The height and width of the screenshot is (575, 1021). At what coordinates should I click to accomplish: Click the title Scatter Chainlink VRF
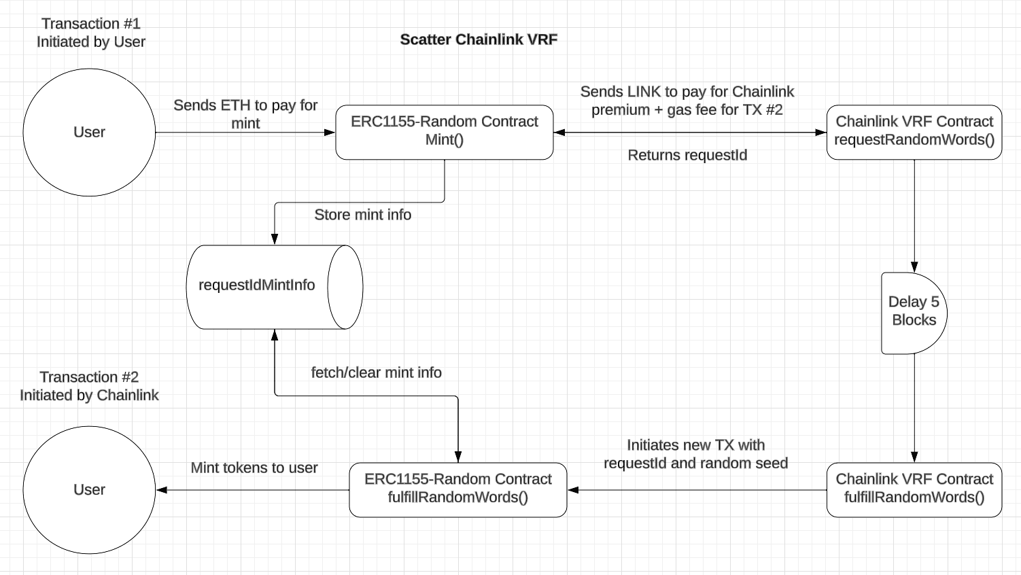tap(479, 39)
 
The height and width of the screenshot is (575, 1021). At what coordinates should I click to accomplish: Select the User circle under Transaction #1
tap(89, 133)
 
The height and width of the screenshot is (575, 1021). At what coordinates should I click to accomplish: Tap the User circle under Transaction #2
tap(89, 490)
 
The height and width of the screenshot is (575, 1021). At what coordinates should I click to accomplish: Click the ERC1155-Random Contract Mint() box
tap(444, 133)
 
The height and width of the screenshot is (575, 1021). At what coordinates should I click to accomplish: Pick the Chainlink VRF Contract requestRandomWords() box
tap(914, 133)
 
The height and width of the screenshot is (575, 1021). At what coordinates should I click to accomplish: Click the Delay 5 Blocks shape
tap(913, 313)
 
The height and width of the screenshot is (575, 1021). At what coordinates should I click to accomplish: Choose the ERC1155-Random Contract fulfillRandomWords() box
tap(457, 489)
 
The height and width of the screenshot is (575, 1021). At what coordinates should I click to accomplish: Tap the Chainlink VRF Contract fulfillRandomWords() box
tap(914, 489)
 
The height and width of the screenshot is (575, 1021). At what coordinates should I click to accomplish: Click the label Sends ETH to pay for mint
tap(245, 114)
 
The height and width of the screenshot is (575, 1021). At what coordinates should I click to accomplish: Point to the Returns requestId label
tap(687, 156)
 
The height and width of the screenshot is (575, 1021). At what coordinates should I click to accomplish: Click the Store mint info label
tap(362, 215)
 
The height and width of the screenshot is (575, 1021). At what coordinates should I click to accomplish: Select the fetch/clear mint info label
tap(376, 372)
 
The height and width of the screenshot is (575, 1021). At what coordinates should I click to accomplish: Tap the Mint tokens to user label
tap(254, 468)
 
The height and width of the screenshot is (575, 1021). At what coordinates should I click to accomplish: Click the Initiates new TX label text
tap(695, 454)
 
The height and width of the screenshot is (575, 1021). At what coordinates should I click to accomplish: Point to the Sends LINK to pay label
tap(687, 101)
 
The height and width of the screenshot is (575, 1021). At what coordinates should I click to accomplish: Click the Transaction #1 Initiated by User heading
tap(90, 33)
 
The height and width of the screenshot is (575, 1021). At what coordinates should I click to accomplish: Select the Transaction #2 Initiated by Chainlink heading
tap(89, 386)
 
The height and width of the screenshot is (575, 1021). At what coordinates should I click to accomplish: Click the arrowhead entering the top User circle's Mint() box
tap(330, 133)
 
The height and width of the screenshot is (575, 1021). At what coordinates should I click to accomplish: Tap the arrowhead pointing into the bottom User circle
tap(162, 490)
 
